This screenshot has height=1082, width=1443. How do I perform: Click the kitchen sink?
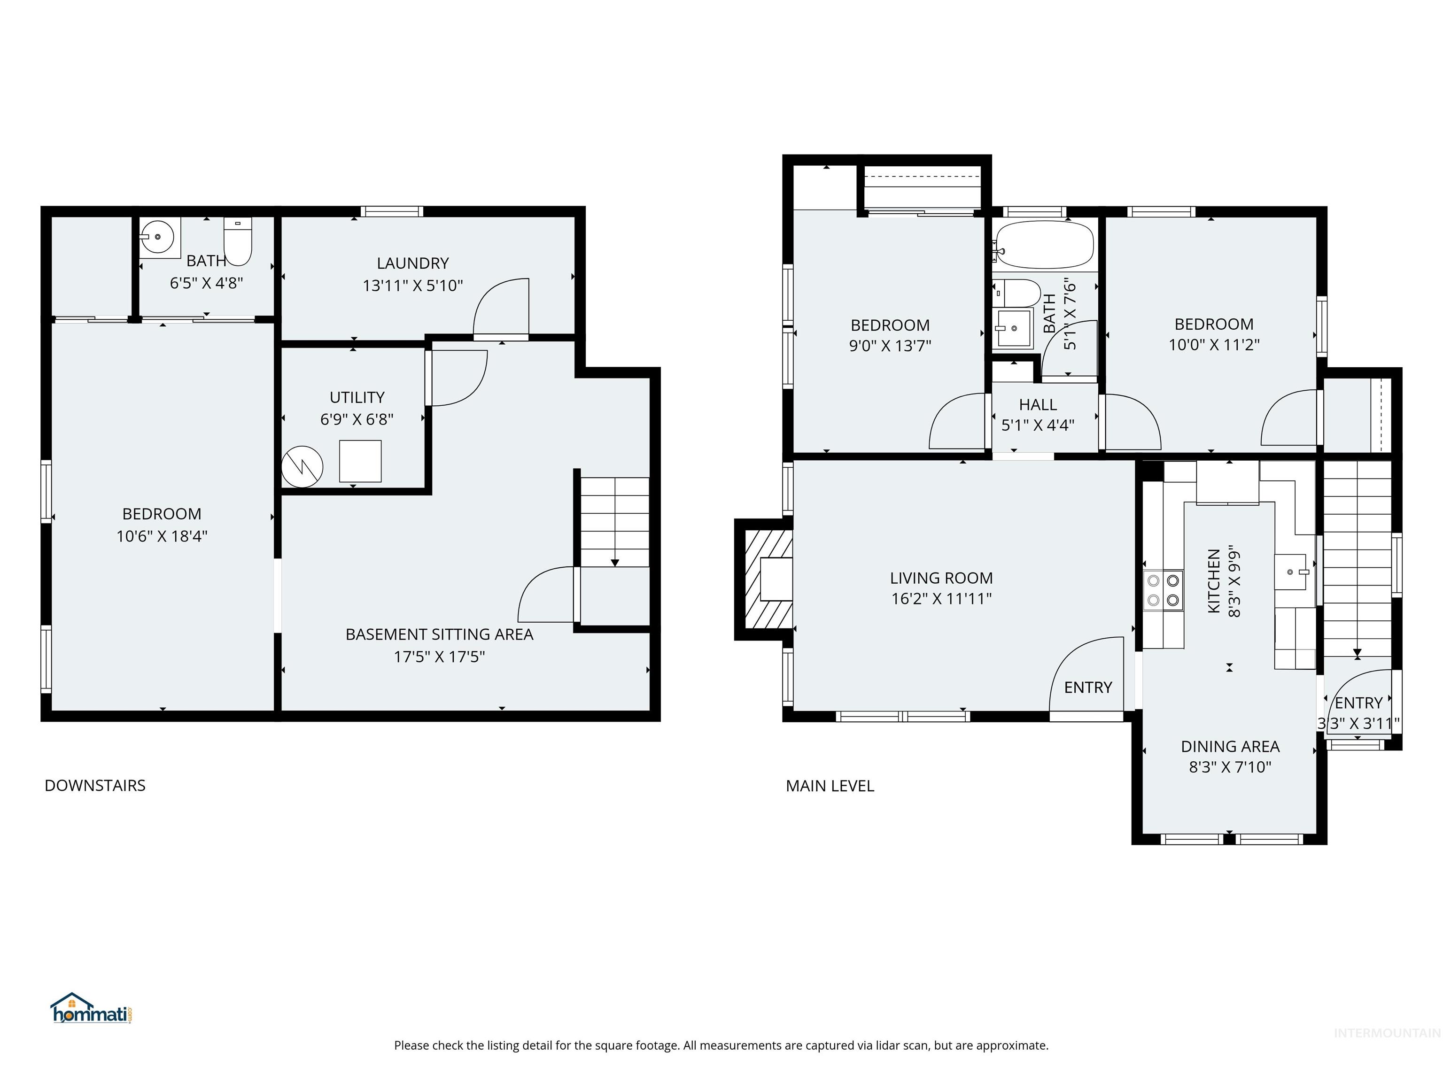point(1291,572)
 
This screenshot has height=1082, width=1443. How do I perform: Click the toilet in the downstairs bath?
point(238,241)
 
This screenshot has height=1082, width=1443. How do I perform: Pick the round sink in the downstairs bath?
point(157,237)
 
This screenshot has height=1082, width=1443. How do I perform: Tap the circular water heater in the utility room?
point(302,466)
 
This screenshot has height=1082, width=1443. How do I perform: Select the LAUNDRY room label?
point(412,263)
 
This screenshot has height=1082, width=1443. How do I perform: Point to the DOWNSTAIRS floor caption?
point(94,785)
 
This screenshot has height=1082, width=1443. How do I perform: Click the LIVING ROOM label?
point(941,578)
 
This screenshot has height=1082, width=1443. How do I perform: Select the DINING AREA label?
point(1230,746)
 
